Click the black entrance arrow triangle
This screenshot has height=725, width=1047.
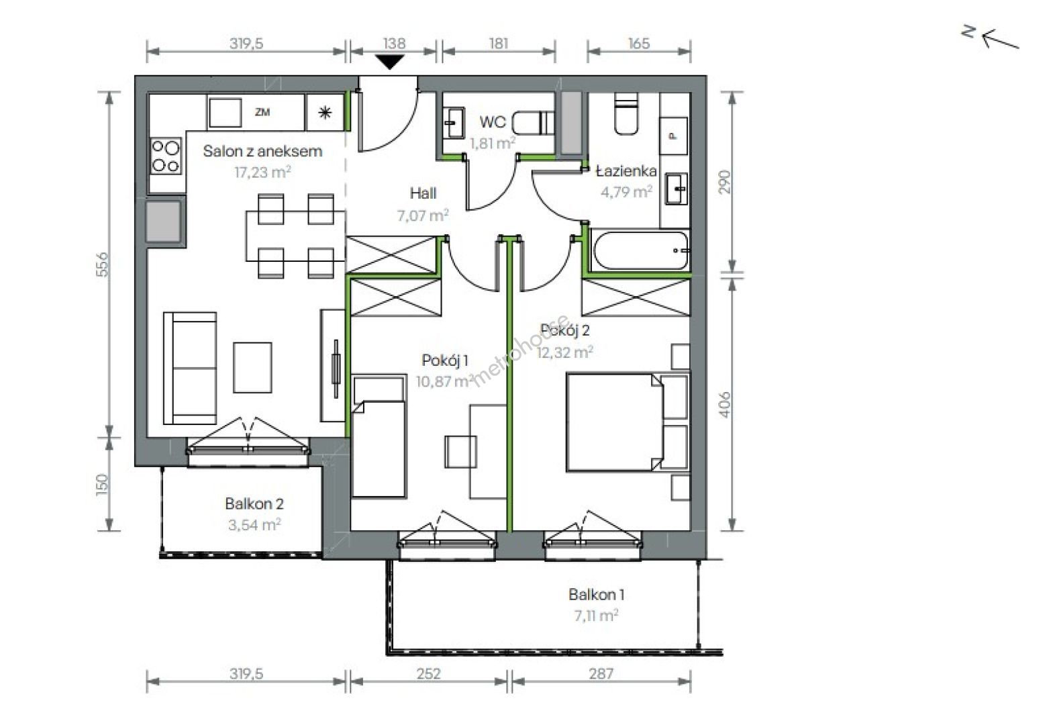390,62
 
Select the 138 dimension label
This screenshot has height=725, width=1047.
394,44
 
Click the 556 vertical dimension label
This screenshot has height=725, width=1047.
103,264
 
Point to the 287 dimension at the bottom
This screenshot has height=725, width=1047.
601,673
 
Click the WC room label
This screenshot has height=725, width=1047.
493,122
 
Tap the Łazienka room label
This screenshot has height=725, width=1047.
626,171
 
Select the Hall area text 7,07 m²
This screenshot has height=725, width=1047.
423,215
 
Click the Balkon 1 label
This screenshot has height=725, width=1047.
596,595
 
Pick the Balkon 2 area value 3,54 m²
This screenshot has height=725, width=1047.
254,525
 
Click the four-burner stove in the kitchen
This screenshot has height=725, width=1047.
166,156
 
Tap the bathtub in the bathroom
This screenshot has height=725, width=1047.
640,250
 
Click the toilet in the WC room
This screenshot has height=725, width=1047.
533,123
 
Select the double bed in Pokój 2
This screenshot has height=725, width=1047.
614,422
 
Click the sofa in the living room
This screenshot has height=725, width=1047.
190,369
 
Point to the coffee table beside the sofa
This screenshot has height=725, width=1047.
253,367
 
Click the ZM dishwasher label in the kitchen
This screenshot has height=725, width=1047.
262,112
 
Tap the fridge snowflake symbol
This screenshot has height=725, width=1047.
325,113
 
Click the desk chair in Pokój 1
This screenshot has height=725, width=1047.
460,452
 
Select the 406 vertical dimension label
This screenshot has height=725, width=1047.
724,404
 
